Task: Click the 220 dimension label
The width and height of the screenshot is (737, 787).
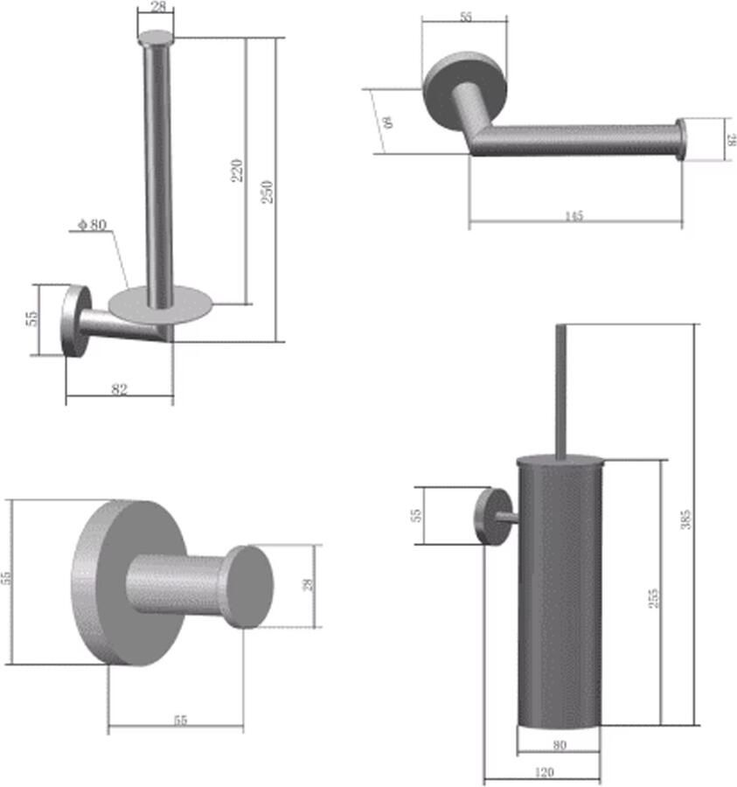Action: click(x=237, y=170)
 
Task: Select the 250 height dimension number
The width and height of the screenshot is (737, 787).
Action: click(x=268, y=192)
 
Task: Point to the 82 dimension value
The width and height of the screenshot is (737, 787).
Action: click(x=120, y=390)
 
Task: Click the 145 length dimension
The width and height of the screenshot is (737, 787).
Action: click(x=574, y=215)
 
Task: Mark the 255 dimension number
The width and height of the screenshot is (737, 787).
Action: click(x=653, y=597)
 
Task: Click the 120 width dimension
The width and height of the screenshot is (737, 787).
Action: click(x=542, y=773)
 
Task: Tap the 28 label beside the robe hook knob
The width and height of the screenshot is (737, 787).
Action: click(x=308, y=585)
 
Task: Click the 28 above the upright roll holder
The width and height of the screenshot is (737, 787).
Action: click(x=156, y=8)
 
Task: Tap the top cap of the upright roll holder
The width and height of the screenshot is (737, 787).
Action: click(x=156, y=38)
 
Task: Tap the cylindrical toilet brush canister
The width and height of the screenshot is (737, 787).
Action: click(x=560, y=595)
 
